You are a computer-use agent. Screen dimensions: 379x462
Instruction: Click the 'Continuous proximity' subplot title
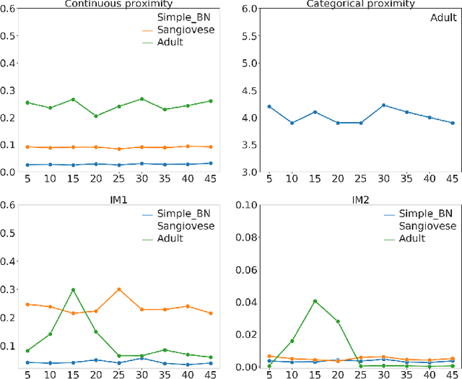118,4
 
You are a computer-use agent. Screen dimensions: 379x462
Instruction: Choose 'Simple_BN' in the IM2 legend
427,214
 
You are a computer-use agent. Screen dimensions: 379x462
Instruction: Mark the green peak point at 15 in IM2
315,301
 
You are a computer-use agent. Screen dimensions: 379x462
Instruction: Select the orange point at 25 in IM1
119,289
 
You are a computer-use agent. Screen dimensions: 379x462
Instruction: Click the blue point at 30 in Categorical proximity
383,105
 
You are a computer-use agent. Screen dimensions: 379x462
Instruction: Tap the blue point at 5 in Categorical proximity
269,106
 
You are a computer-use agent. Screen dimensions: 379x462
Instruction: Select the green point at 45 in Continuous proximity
210,101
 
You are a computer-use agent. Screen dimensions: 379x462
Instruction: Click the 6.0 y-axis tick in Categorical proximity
249,9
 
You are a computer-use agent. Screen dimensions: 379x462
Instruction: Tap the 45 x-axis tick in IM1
210,375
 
